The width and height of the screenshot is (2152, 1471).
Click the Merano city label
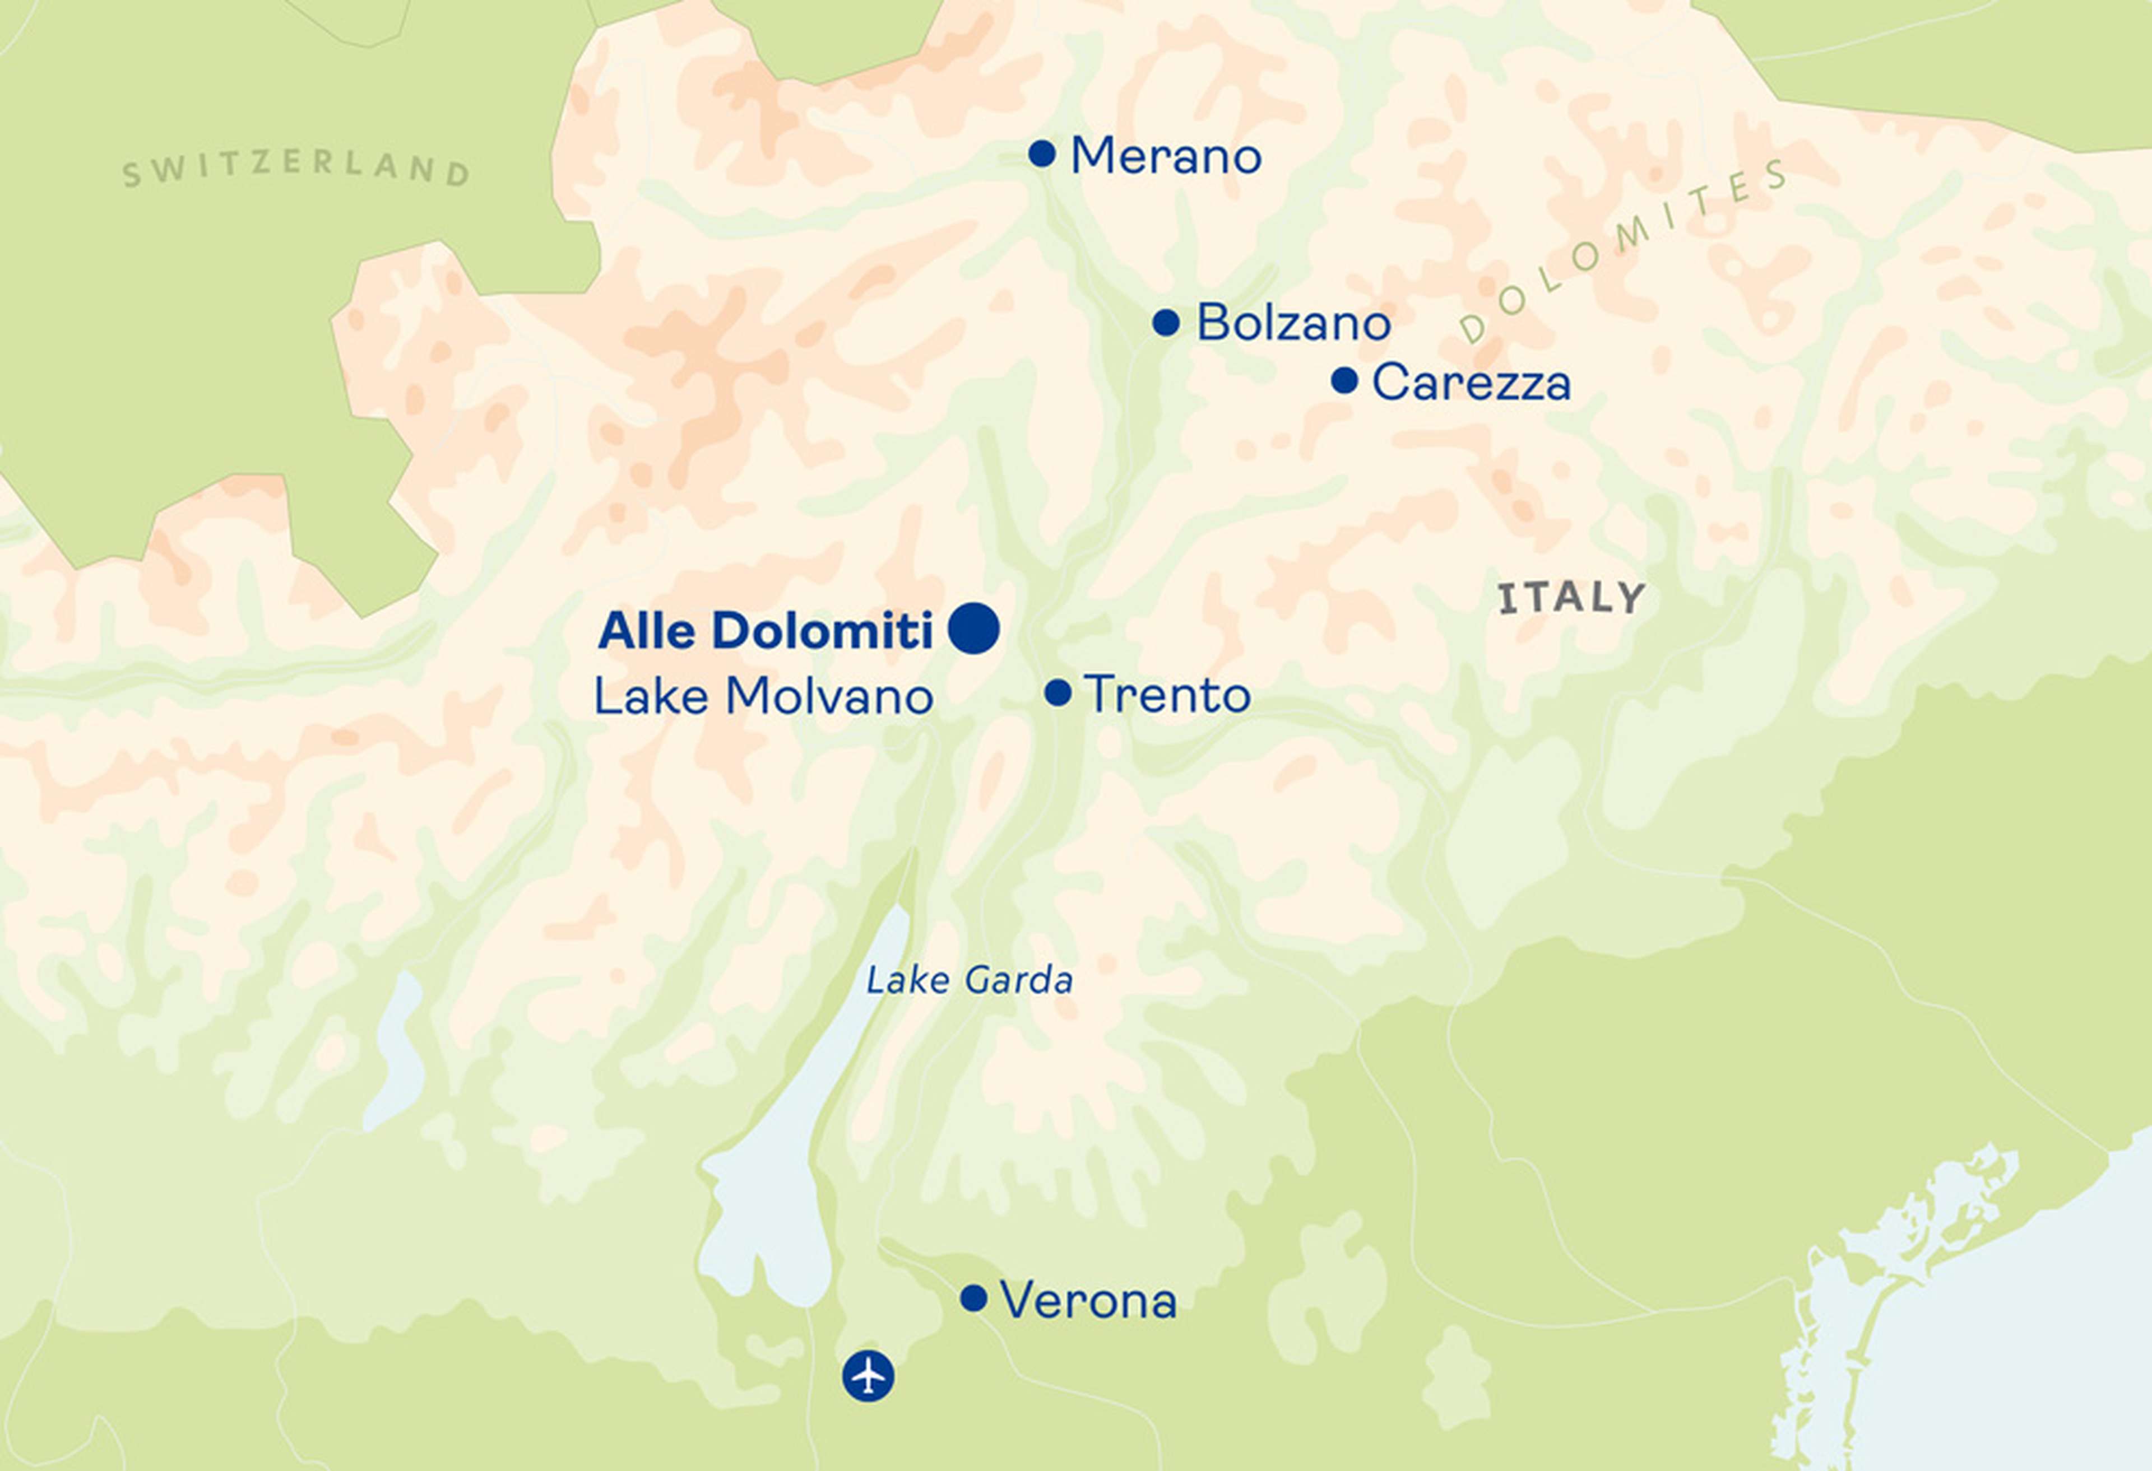(x=1165, y=156)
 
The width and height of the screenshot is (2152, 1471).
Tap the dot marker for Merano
(x=1042, y=153)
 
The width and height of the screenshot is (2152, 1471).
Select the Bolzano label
(x=1293, y=323)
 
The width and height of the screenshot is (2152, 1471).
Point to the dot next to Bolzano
(x=1166, y=322)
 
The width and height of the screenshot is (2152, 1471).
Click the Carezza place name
(x=1471, y=383)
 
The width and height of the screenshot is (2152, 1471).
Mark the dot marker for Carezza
(x=1344, y=380)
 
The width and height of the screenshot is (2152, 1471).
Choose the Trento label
(x=1167, y=694)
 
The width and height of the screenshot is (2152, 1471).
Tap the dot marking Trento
(x=1058, y=692)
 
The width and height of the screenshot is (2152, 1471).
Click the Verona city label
(x=1088, y=1301)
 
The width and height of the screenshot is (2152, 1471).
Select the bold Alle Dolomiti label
(x=765, y=631)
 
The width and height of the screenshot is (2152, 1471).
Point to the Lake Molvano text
(x=763, y=697)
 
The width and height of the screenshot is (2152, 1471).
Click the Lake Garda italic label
(x=970, y=980)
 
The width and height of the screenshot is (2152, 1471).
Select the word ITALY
(x=1571, y=598)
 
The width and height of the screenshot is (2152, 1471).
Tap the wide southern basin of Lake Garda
(x=764, y=1222)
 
